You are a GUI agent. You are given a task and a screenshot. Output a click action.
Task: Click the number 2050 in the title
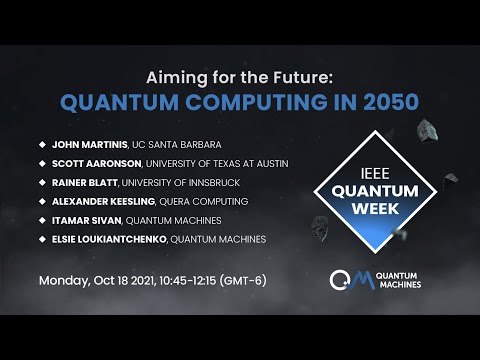point(382,102)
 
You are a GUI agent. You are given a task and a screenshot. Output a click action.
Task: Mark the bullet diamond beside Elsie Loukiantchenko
point(42,240)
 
